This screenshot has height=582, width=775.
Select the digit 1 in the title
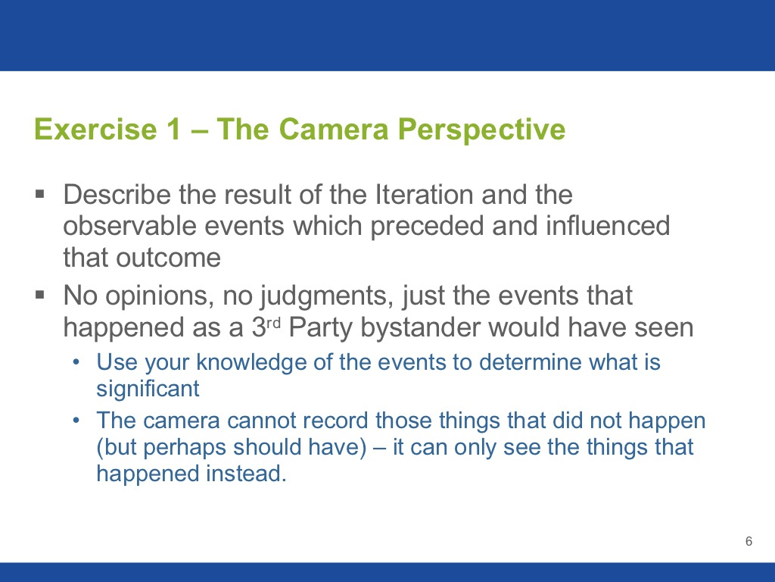174,129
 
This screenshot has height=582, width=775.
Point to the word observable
130,226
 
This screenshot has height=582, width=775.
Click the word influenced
608,226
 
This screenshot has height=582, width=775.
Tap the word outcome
168,258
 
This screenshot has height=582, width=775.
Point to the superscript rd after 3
273,323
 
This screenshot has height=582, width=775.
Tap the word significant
148,390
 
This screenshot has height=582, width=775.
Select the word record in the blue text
335,421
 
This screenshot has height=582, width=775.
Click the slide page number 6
749,541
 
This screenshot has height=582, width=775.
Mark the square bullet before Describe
40,193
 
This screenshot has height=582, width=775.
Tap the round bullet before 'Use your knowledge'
76,362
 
